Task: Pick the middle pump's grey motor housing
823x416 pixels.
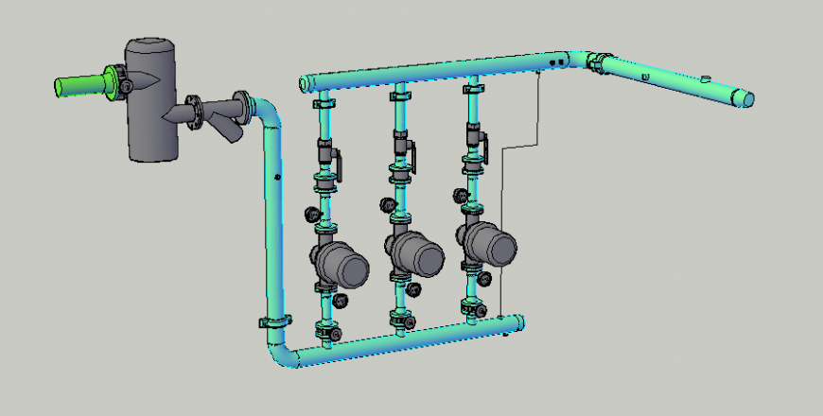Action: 417,252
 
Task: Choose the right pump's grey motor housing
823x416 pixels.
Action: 492,245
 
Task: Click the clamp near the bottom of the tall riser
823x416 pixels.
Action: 273,322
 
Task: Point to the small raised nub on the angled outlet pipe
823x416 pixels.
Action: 705,77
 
